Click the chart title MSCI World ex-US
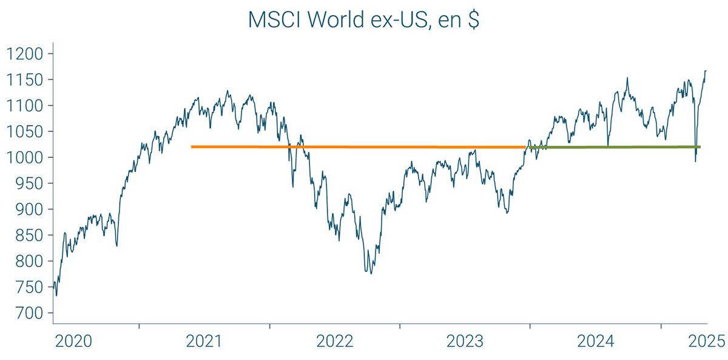pyautogui.click(x=364, y=19)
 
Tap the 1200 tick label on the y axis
pyautogui.click(x=25, y=54)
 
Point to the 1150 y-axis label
pyautogui.click(x=25, y=80)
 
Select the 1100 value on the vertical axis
pyautogui.click(x=25, y=106)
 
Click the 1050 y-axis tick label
pyautogui.click(x=25, y=132)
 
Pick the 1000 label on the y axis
pyautogui.click(x=25, y=158)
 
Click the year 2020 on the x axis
pyautogui.click(x=73, y=342)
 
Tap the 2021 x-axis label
pyautogui.click(x=204, y=342)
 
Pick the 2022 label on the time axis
pyautogui.click(x=335, y=342)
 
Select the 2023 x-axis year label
pyautogui.click(x=465, y=342)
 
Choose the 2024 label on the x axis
pyautogui.click(x=596, y=342)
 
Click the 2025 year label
pyautogui.click(x=706, y=342)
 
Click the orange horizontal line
pyautogui.click(x=358, y=147)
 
